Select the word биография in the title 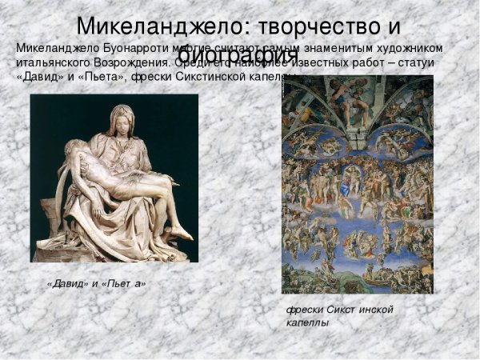[x=237, y=56]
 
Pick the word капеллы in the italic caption [x=307, y=322]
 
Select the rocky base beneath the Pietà [x=112, y=251]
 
